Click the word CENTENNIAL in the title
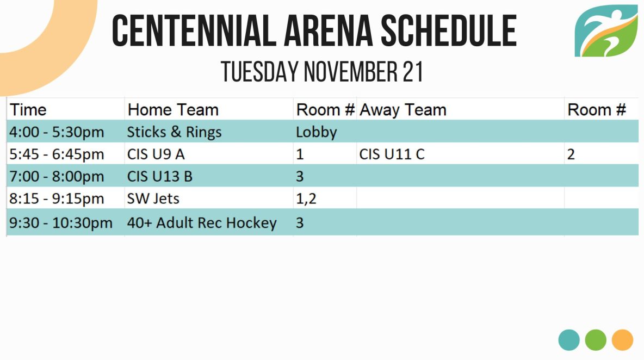(194, 30)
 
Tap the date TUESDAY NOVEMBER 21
(322, 72)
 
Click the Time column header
(28, 110)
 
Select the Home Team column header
(173, 110)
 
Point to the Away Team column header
(403, 110)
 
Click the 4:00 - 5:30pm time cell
(57, 132)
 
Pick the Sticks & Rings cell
(174, 132)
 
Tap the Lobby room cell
(316, 132)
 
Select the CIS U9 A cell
(156, 154)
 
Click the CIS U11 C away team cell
(392, 154)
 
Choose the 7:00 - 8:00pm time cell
(57, 177)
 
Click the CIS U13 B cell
(160, 177)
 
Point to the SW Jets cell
(153, 198)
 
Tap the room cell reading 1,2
(306, 198)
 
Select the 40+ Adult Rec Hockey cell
(202, 222)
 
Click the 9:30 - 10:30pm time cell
(61, 222)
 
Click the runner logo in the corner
(606, 31)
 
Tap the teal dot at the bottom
(569, 340)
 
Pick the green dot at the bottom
(596, 340)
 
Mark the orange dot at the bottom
(622, 340)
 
